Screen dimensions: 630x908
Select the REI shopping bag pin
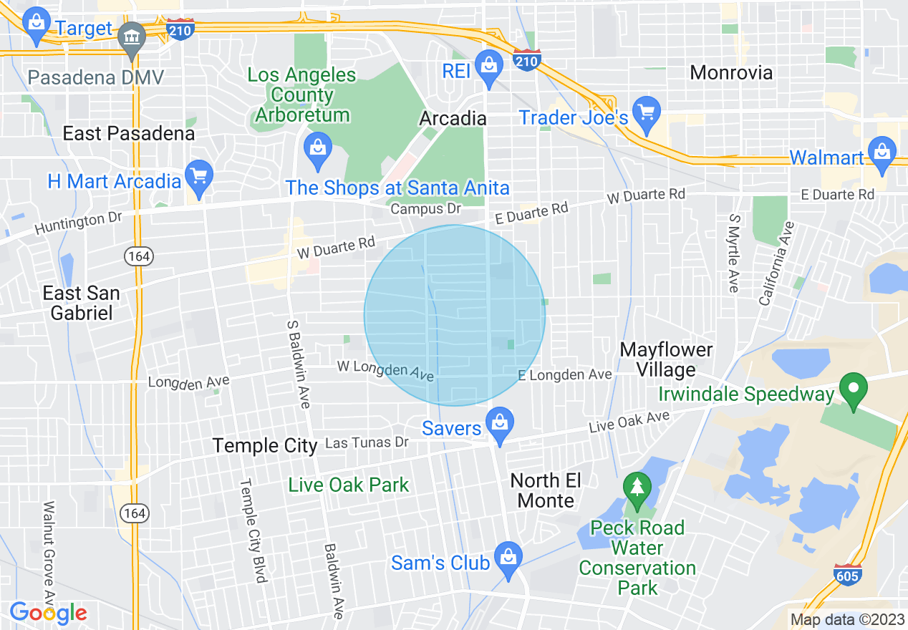coord(489,68)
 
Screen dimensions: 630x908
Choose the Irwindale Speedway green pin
coord(853,391)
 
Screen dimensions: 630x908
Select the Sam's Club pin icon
coord(509,559)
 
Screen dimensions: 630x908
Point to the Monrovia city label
coord(731,72)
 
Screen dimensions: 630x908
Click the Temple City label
coord(265,445)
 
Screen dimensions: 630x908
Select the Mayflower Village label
coord(667,359)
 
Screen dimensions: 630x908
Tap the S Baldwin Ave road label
coord(299,363)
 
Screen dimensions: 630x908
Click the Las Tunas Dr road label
coord(366,443)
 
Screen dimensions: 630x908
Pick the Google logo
coord(48,613)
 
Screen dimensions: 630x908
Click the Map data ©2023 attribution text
coord(845,619)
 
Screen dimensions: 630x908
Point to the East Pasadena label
coord(128,134)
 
